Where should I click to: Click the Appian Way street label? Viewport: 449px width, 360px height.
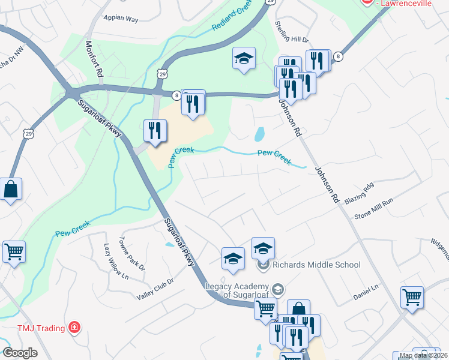(x=121, y=19)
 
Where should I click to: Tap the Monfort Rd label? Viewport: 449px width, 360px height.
(x=94, y=59)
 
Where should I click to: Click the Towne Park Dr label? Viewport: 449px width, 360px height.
(x=134, y=256)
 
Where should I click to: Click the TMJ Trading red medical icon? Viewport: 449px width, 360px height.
(x=74, y=327)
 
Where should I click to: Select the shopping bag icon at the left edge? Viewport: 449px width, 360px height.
(x=11, y=190)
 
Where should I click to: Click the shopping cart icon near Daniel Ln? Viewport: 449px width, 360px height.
(x=412, y=297)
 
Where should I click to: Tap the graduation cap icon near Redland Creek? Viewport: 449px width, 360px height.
(x=244, y=58)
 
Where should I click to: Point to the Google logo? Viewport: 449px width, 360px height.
(x=20, y=353)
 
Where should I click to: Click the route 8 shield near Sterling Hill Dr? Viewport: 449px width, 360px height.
(x=339, y=56)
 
